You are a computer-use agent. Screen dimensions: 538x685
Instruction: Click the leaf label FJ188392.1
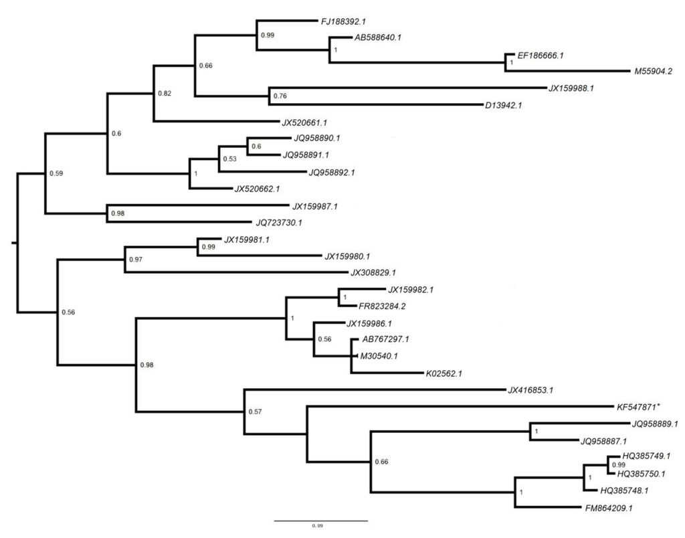342,21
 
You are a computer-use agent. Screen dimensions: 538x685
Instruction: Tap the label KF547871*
643,406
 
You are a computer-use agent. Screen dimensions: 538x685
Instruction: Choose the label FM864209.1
609,508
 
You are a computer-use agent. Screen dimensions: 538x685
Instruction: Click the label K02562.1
444,373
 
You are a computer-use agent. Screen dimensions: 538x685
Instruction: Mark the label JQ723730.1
279,222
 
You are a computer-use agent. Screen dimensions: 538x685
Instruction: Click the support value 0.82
164,94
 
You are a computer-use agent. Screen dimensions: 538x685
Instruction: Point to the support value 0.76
280,97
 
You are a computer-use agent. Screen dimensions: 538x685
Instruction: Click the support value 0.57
254,412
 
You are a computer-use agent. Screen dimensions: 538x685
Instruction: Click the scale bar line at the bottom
320,520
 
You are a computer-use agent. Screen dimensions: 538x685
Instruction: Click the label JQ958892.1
331,172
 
